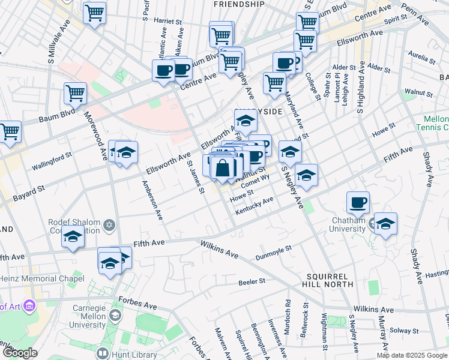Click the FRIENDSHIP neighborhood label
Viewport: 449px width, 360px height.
tap(239, 4)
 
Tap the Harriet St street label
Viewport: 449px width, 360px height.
tap(168, 20)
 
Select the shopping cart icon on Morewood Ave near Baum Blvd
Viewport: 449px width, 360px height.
tap(76, 93)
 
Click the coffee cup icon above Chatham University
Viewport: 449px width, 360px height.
tap(358, 202)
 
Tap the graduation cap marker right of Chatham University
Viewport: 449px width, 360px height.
tap(385, 224)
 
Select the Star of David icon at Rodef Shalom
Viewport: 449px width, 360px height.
tap(109, 226)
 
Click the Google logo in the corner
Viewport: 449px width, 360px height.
tap(19, 353)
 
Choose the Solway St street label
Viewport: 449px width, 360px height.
tap(403, 331)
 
